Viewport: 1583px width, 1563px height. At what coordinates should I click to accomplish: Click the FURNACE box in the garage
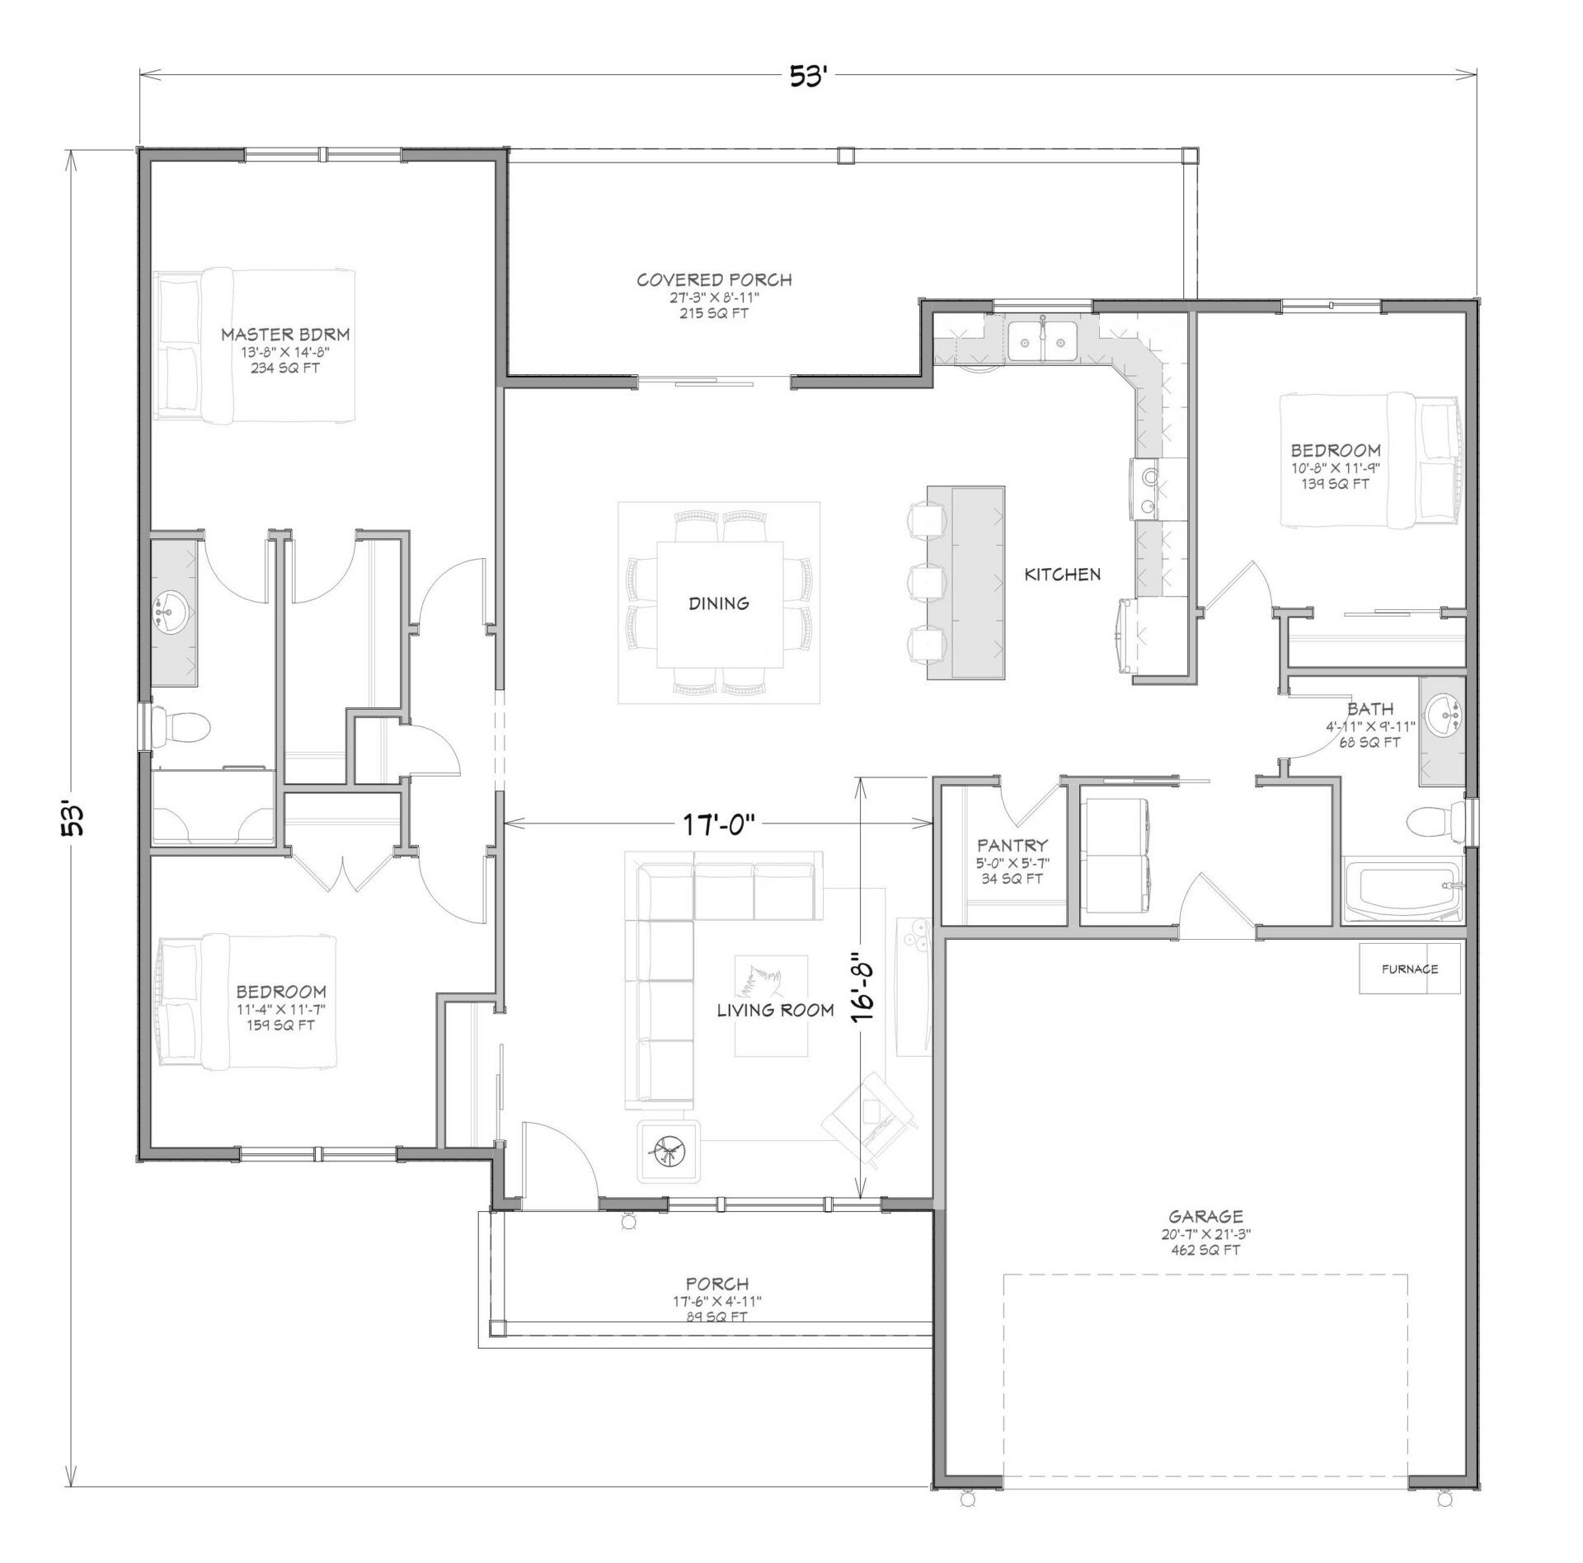coord(1409,969)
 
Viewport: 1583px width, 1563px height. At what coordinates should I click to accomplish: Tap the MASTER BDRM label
coord(285,335)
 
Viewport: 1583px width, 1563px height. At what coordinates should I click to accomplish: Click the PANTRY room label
coord(1012,845)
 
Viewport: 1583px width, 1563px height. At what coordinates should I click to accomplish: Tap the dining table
coord(720,603)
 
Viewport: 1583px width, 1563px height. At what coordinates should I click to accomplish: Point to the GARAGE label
coord(1205,1216)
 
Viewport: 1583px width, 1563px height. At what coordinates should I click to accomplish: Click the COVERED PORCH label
coord(714,280)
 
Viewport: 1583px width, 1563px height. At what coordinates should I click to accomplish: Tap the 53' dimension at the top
coord(807,77)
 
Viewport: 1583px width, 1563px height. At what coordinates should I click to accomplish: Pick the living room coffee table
coord(772,1005)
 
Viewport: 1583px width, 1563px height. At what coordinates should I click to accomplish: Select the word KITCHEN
coord(1063,574)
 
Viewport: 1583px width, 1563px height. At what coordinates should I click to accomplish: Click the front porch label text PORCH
coord(717,1284)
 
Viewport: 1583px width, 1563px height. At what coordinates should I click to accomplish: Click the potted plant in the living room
coord(669,1150)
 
